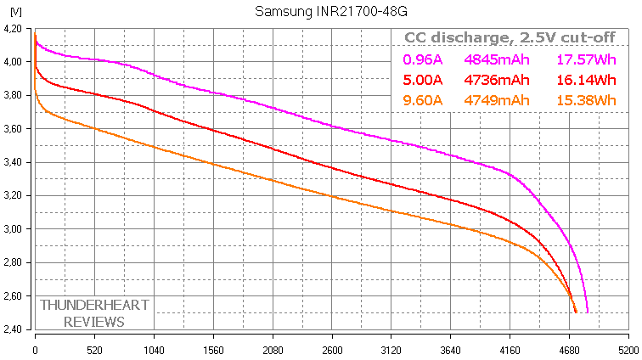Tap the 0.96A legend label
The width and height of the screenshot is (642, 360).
click(421, 59)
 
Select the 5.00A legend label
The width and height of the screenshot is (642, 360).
click(421, 80)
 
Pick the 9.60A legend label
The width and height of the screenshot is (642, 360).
click(421, 101)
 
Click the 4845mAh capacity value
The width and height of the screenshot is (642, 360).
click(497, 59)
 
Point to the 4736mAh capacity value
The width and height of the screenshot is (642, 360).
click(497, 80)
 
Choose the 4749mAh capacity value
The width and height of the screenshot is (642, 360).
click(497, 101)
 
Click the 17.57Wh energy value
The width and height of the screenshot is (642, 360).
click(586, 59)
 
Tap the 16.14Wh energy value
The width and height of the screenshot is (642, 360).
click(586, 80)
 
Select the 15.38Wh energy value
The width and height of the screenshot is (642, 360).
click(586, 101)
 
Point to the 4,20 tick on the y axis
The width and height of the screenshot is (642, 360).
click(14, 29)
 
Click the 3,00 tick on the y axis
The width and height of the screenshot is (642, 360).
click(14, 229)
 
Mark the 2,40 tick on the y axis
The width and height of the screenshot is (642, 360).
click(14, 329)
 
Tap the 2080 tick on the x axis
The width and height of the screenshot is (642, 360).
click(272, 349)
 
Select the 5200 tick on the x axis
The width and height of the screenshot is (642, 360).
click(628, 349)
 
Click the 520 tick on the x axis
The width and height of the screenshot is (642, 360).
click(94, 349)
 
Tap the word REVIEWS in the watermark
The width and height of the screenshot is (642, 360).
click(93, 321)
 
